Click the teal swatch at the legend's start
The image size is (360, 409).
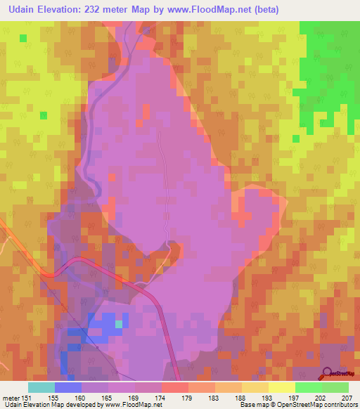(41, 387)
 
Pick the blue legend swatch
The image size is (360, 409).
(68, 387)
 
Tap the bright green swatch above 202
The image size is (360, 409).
(309, 387)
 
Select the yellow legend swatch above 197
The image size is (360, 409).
(282, 387)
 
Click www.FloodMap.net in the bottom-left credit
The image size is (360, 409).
(134, 404)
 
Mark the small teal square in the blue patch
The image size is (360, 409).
(119, 323)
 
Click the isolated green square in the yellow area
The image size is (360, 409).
(44, 115)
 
